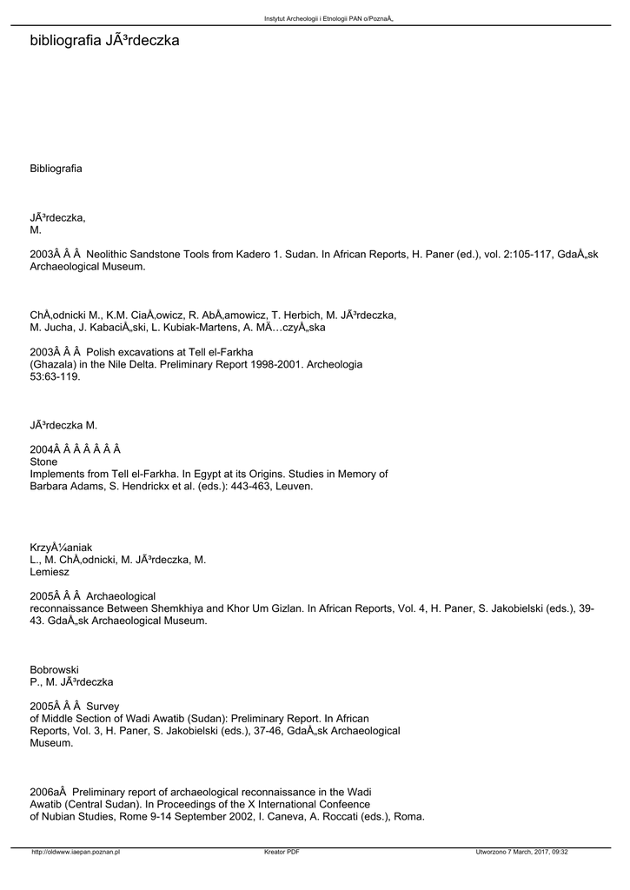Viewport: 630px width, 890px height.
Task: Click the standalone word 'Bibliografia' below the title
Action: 56,168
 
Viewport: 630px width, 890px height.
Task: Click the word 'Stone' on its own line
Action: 43,462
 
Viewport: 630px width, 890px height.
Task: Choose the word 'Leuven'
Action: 295,487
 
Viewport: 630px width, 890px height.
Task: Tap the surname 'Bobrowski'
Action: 54,669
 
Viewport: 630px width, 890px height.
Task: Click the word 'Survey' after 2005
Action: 103,706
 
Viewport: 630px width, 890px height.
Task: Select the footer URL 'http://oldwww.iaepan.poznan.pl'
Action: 75,852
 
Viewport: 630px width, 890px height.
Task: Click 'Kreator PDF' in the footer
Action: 282,852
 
